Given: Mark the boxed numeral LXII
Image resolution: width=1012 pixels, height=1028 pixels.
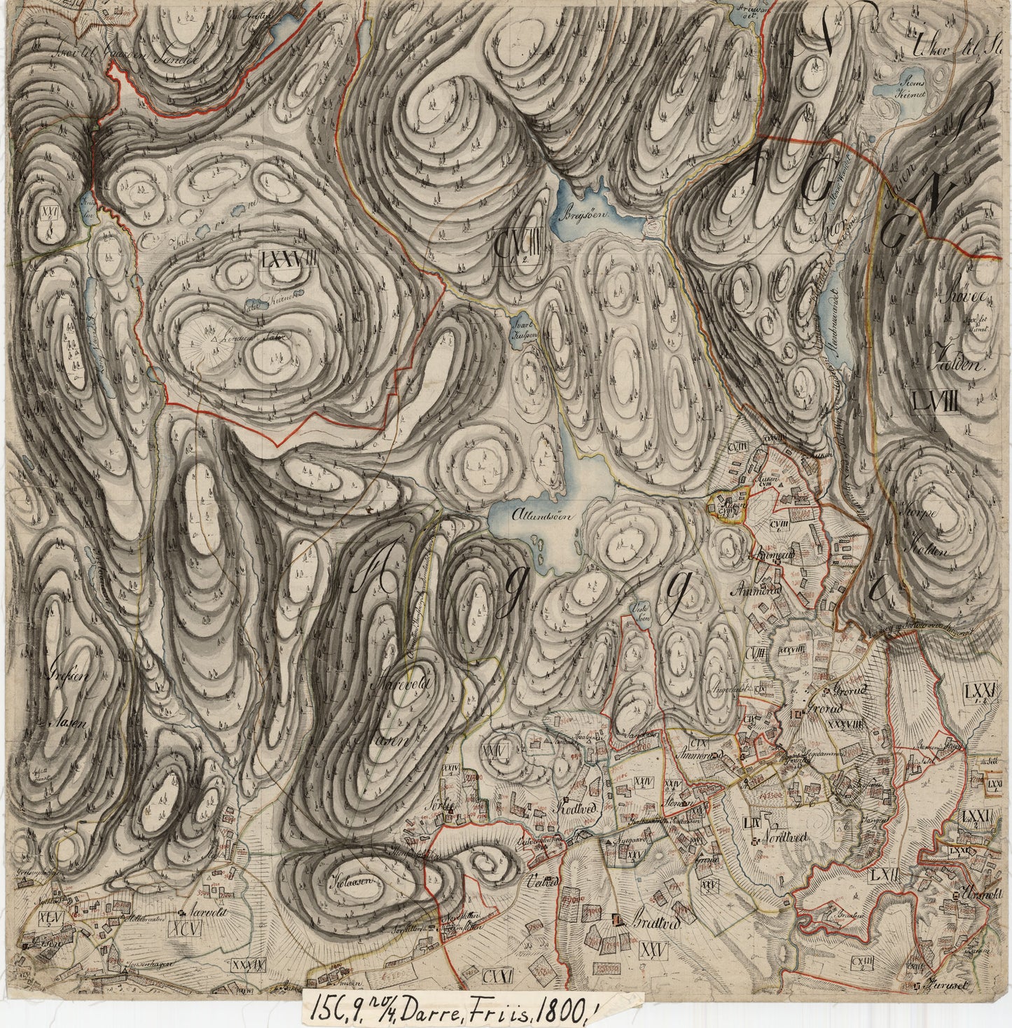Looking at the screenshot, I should click(x=885, y=876).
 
